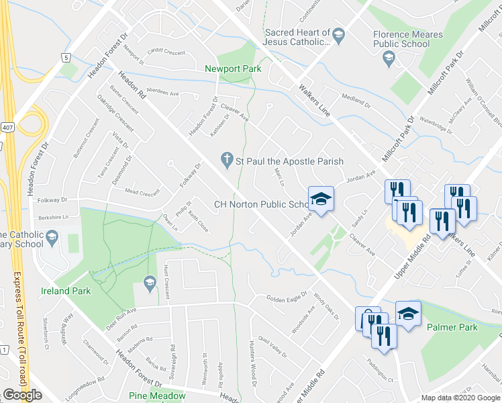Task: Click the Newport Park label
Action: tap(233, 69)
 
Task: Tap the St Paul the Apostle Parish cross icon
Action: tap(227, 161)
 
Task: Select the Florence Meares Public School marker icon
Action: tap(388, 60)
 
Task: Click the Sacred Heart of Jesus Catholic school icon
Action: tap(339, 34)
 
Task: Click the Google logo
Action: tap(23, 395)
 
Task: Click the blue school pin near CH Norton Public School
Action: tap(321, 199)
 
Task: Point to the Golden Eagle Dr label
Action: tap(287, 299)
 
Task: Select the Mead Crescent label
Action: tap(142, 192)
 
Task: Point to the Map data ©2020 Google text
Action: tap(460, 397)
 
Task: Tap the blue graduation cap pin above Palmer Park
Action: tap(407, 313)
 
